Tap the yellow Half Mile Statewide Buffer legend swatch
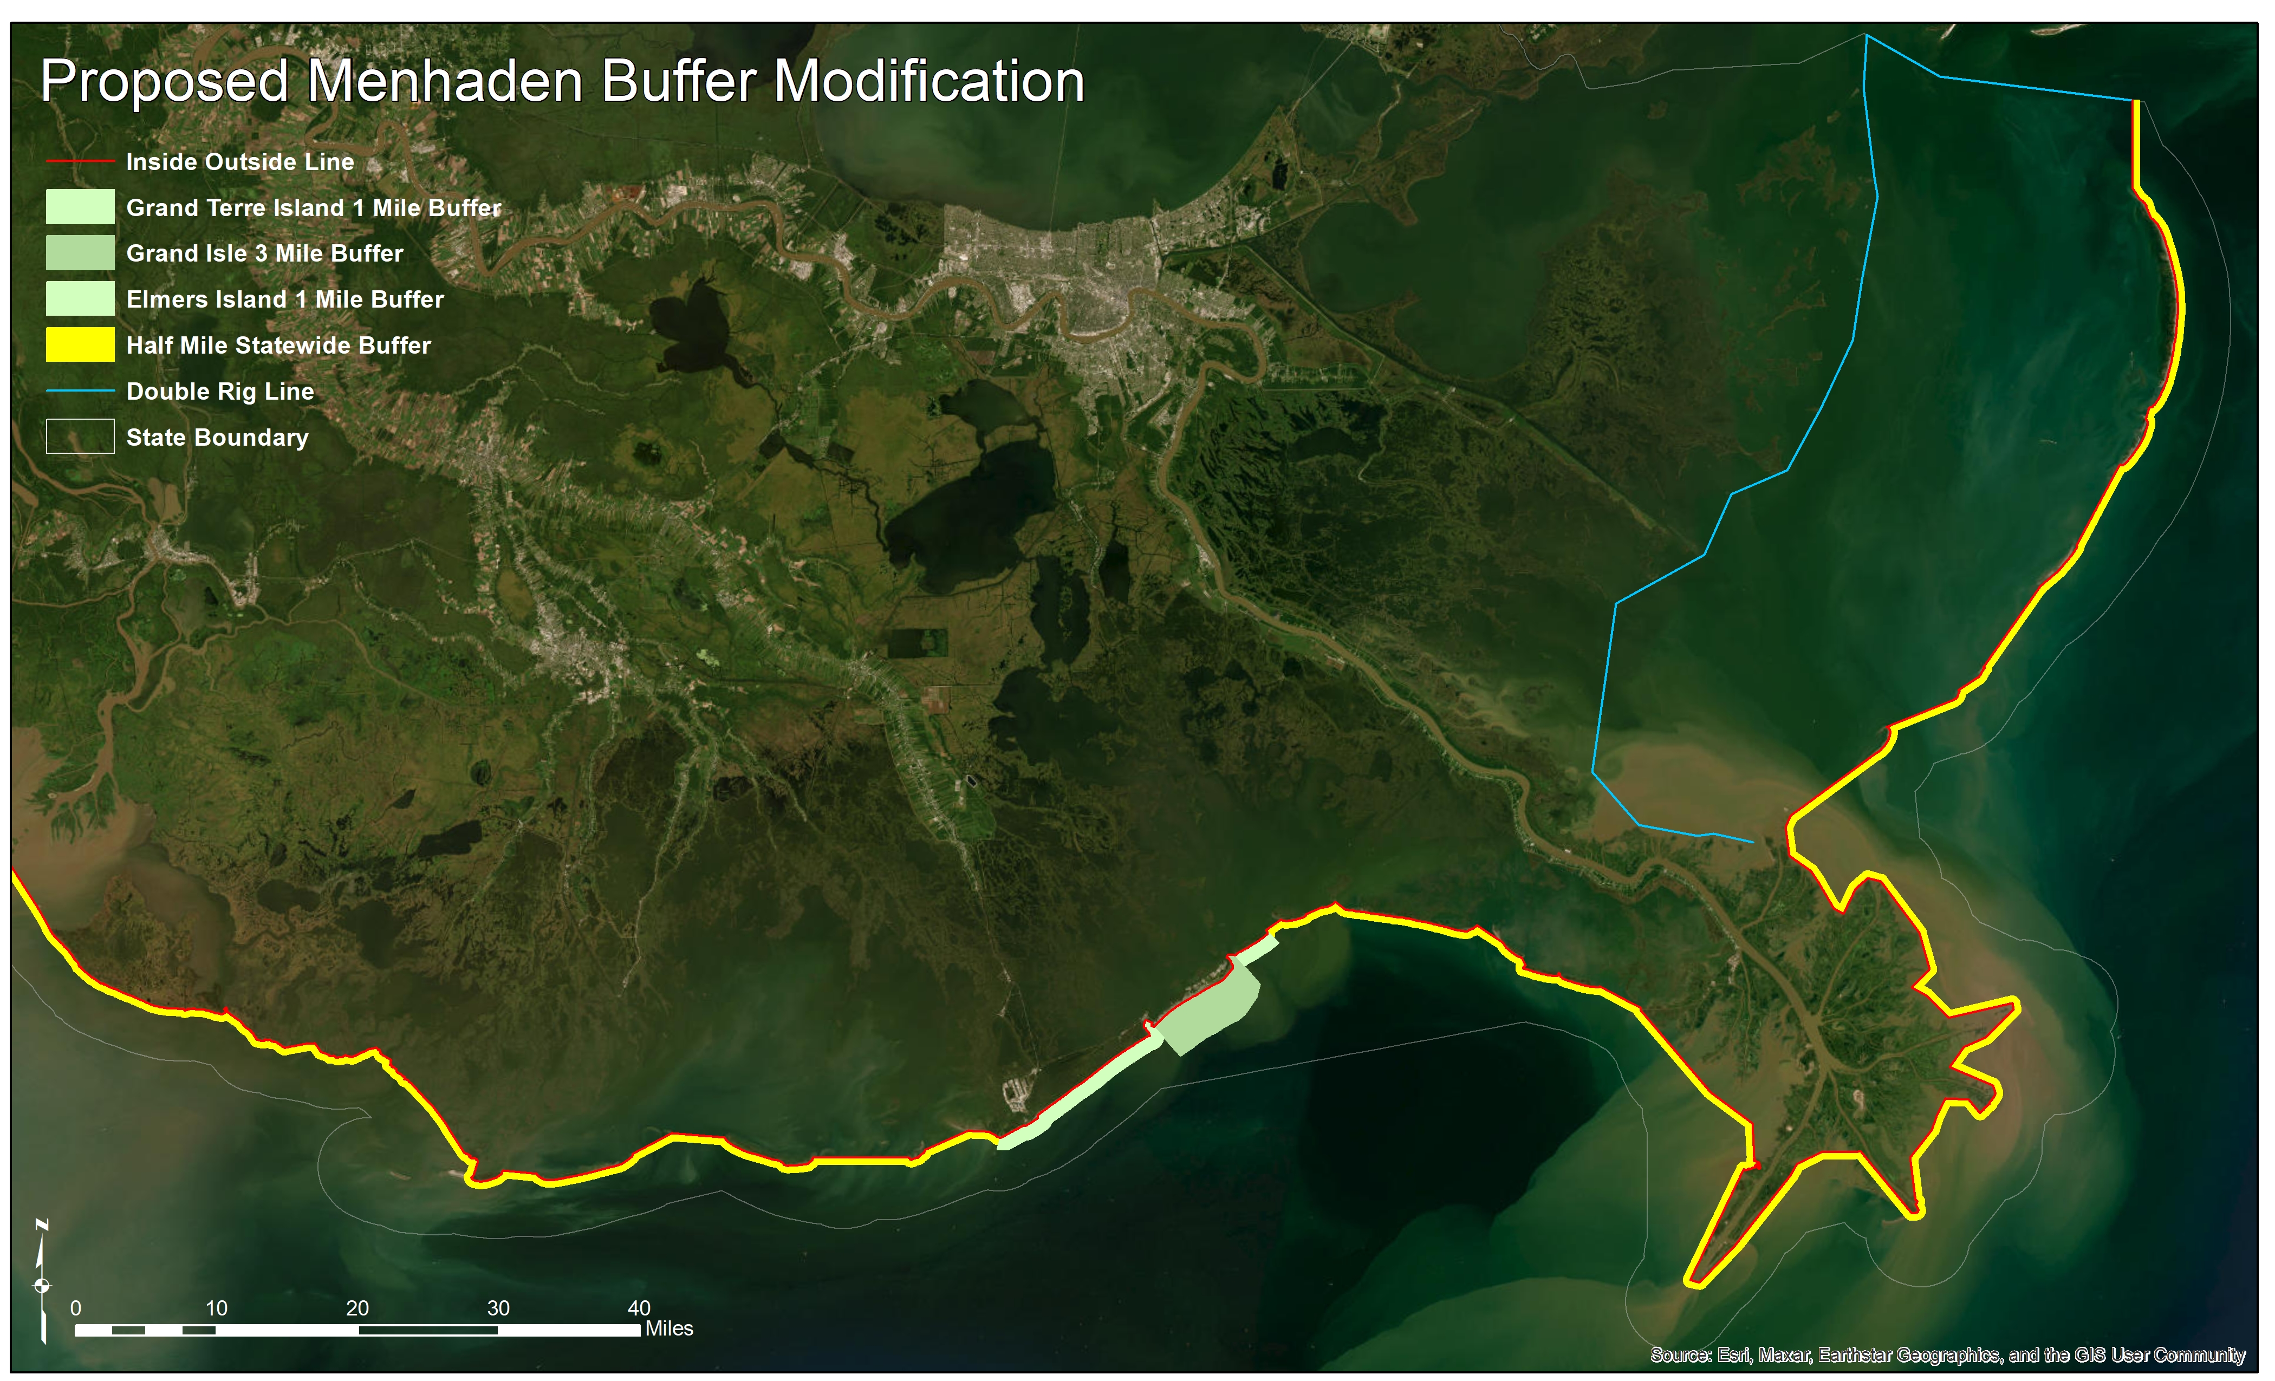pyautogui.click(x=80, y=344)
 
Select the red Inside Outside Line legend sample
pyautogui.click(x=80, y=161)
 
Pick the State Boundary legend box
pyautogui.click(x=80, y=437)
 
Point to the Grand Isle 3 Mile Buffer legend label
pyautogui.click(x=264, y=253)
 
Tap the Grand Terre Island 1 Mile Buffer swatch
pyautogui.click(x=80, y=207)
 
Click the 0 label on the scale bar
pyautogui.click(x=76, y=1308)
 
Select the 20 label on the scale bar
pyautogui.click(x=357, y=1308)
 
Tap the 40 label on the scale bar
pyautogui.click(x=639, y=1308)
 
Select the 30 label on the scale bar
pyautogui.click(x=498, y=1308)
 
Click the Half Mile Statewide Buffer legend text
pyautogui.click(x=278, y=346)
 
